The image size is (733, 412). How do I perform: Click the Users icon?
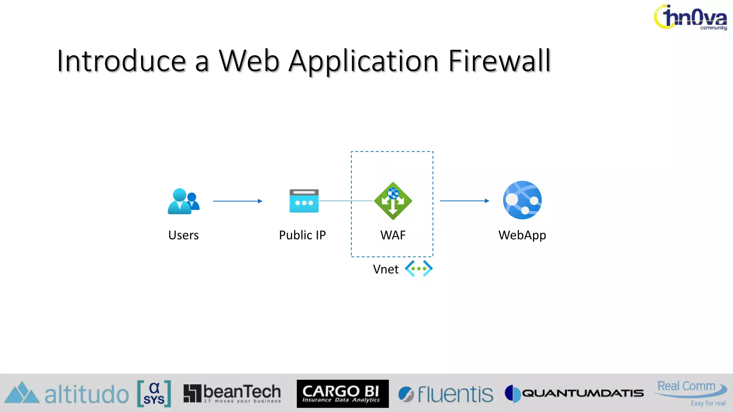pos(183,201)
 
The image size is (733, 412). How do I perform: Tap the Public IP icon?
pos(304,201)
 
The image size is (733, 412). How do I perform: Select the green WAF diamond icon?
pos(393,201)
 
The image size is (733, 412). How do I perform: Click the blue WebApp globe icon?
pos(522,200)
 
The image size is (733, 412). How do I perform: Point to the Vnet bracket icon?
pos(418,269)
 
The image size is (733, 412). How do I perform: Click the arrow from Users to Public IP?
pos(238,201)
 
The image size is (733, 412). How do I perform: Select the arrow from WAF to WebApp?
pos(464,201)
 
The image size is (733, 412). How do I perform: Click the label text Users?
pos(183,235)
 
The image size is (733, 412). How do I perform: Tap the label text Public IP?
pos(302,235)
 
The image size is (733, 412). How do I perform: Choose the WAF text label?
pos(393,235)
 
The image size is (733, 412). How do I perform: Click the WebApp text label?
pos(522,235)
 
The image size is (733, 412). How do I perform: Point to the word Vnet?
pos(385,269)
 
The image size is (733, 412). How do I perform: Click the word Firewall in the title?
pos(499,61)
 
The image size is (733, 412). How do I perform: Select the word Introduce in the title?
pos(121,61)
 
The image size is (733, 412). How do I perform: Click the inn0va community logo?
pos(690,17)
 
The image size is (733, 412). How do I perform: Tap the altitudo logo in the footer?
pos(67,394)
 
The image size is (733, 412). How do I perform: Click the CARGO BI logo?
pos(343,394)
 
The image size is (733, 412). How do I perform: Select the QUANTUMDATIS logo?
pos(574,393)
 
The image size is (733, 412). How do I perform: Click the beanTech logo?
pos(232,393)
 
